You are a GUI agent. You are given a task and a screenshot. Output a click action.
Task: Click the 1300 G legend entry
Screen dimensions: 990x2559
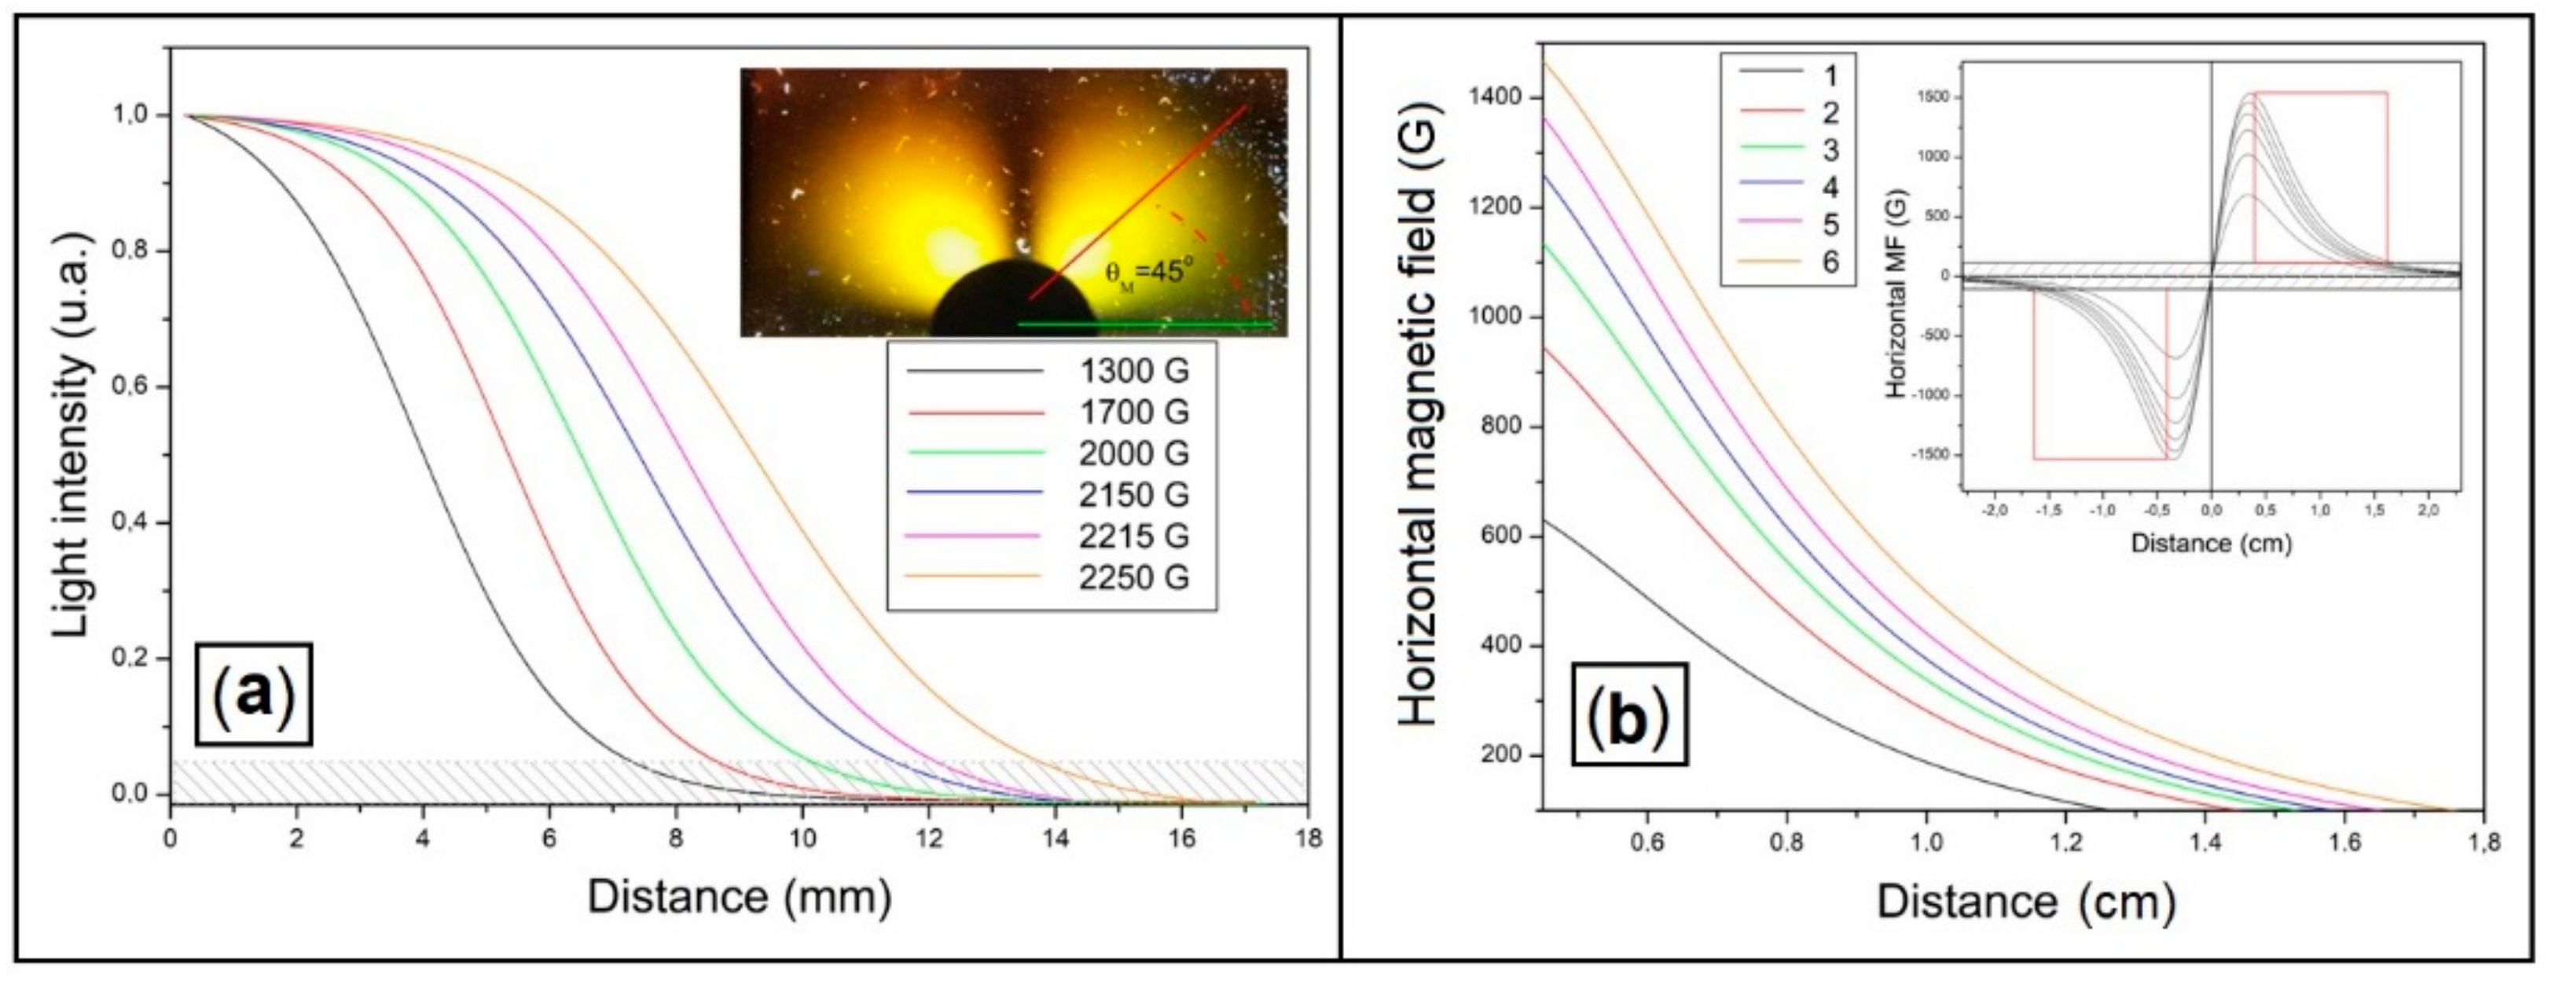click(x=1133, y=372)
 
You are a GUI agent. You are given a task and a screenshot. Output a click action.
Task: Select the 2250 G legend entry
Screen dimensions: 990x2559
click(x=1133, y=577)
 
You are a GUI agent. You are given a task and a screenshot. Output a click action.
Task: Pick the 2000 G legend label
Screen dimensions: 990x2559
click(x=1133, y=454)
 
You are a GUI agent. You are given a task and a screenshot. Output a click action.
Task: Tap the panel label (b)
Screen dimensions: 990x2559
click(x=1629, y=715)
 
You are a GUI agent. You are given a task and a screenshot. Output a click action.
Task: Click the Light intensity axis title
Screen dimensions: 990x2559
click(x=75, y=436)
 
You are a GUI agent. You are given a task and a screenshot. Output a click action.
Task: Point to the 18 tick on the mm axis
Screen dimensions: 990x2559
click(x=1309, y=839)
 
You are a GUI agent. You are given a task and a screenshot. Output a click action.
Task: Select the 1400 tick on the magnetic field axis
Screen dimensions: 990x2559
click(x=1497, y=97)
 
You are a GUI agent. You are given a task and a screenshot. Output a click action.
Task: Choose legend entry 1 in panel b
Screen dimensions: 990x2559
click(x=1829, y=75)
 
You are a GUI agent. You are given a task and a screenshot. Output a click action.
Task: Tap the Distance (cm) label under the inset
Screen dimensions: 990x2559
click(x=2210, y=543)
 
